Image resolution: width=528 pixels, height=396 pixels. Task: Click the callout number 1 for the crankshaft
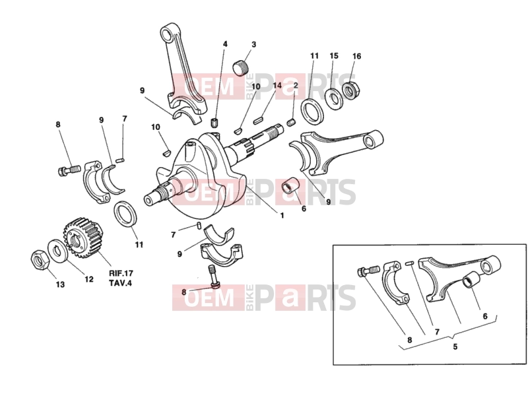tap(282, 216)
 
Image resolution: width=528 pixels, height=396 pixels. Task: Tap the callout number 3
tap(253, 44)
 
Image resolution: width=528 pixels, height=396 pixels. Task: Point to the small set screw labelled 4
tap(214, 123)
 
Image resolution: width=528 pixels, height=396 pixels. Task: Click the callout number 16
tap(356, 56)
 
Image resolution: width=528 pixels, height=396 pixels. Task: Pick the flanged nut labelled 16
tap(350, 89)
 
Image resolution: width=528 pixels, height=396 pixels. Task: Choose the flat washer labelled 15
tap(334, 98)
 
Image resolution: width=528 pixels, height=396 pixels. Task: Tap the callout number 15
tap(334, 55)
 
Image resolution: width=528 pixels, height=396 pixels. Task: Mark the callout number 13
tap(60, 284)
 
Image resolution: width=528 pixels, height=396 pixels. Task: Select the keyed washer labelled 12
tap(57, 251)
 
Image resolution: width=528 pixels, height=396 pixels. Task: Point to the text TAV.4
tap(120, 283)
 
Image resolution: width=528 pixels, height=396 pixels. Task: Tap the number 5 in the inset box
tap(455, 346)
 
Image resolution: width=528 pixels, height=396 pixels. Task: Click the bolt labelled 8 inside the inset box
tap(368, 271)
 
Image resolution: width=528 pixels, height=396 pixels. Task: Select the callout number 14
tap(277, 85)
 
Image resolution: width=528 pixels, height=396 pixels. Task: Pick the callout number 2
tap(296, 85)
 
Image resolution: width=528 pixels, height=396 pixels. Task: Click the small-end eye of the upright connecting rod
tap(166, 34)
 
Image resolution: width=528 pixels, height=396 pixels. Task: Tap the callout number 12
tap(89, 279)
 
